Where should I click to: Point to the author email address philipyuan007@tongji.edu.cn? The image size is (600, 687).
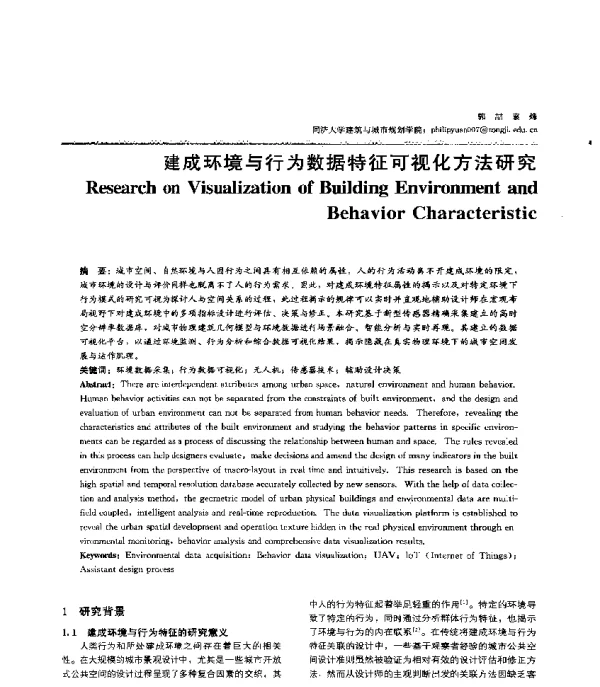coord(477,129)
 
